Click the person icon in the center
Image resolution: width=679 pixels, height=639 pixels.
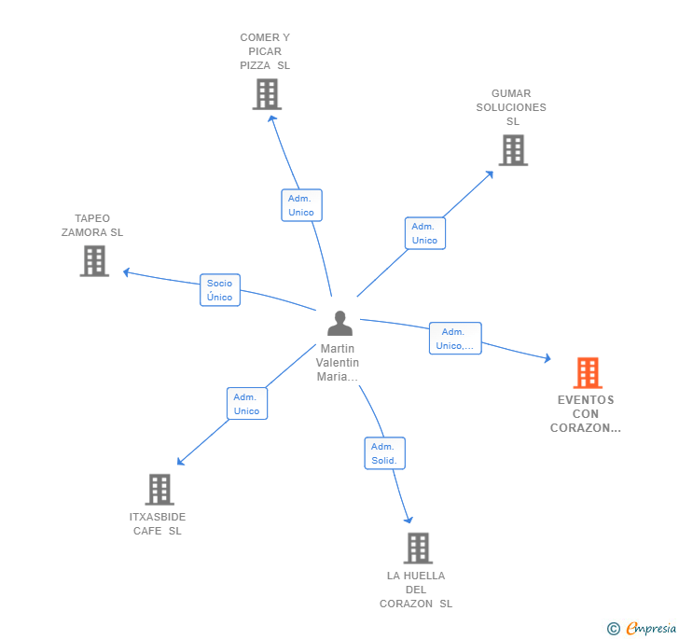(x=340, y=323)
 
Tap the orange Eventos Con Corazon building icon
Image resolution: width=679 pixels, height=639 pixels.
(x=588, y=372)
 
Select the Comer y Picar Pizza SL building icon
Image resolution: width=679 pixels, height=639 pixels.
(x=267, y=93)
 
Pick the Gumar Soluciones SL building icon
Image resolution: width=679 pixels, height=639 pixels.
(x=512, y=149)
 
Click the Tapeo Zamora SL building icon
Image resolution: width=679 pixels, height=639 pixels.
(x=94, y=260)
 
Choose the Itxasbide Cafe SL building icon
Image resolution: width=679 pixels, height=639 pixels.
(x=159, y=489)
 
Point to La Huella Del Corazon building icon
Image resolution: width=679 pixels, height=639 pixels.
(x=417, y=548)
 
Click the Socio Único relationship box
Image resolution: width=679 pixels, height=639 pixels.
(x=220, y=290)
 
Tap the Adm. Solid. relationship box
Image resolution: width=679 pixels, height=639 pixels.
(x=384, y=453)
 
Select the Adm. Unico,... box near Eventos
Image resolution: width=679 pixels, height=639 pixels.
(x=455, y=339)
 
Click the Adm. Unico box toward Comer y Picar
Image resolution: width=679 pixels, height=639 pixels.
(x=301, y=205)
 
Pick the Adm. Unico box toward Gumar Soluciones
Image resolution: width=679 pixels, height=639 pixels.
(x=424, y=233)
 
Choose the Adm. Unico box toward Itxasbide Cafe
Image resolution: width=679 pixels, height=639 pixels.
(x=246, y=404)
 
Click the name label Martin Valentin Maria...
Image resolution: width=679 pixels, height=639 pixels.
(x=337, y=363)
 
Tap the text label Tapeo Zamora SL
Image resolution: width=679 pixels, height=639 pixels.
(x=92, y=226)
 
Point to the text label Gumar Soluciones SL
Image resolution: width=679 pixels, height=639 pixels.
(x=511, y=107)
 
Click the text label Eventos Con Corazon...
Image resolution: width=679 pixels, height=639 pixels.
(x=587, y=414)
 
